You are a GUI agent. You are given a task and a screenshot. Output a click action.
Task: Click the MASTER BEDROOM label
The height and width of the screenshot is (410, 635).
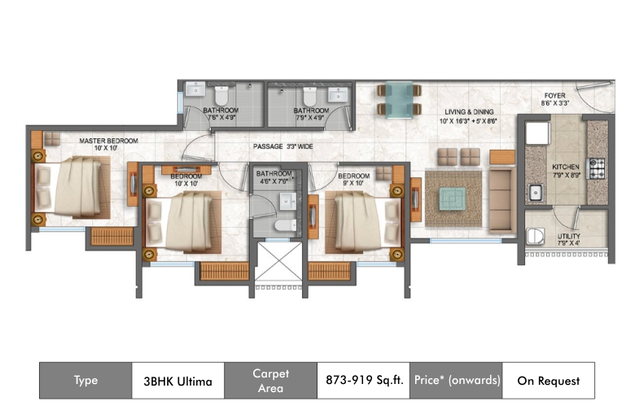pos(108,141)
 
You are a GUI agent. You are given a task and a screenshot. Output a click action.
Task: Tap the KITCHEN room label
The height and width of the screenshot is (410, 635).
pos(566,167)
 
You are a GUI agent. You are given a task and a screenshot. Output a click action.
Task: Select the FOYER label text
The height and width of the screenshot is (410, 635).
pos(555,95)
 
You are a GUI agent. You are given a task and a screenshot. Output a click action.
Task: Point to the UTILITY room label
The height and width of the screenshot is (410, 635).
pos(568,237)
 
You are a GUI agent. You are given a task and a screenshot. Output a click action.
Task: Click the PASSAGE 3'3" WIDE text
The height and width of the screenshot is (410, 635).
pos(283,146)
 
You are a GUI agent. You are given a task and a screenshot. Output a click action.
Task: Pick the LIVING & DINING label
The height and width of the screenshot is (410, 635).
pos(469,111)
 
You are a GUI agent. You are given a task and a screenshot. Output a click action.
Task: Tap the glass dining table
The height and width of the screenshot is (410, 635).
pos(399,100)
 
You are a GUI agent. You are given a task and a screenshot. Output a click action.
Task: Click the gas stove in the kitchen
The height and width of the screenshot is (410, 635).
pos(596,168)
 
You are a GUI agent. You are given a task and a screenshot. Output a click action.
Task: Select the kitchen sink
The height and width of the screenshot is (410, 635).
pos(536,192)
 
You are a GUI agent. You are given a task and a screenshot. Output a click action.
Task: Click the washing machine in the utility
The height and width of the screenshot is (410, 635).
pos(536,237)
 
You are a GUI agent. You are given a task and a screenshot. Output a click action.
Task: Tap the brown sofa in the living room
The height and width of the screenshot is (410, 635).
pos(502,200)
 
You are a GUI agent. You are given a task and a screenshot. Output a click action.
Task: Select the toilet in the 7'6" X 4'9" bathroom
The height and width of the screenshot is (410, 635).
pos(221,96)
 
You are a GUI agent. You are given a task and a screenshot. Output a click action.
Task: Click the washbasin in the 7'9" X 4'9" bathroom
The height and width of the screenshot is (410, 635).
pos(338,95)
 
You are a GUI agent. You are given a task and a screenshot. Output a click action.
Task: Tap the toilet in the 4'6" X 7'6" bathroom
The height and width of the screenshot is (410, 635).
pos(286,225)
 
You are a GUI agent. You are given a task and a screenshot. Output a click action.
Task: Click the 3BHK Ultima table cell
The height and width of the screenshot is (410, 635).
pos(177,381)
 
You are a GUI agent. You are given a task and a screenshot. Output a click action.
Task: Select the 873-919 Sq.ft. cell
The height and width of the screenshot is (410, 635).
pos(363,381)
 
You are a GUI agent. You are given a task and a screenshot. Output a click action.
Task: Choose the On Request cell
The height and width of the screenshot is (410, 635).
pos(549,381)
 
